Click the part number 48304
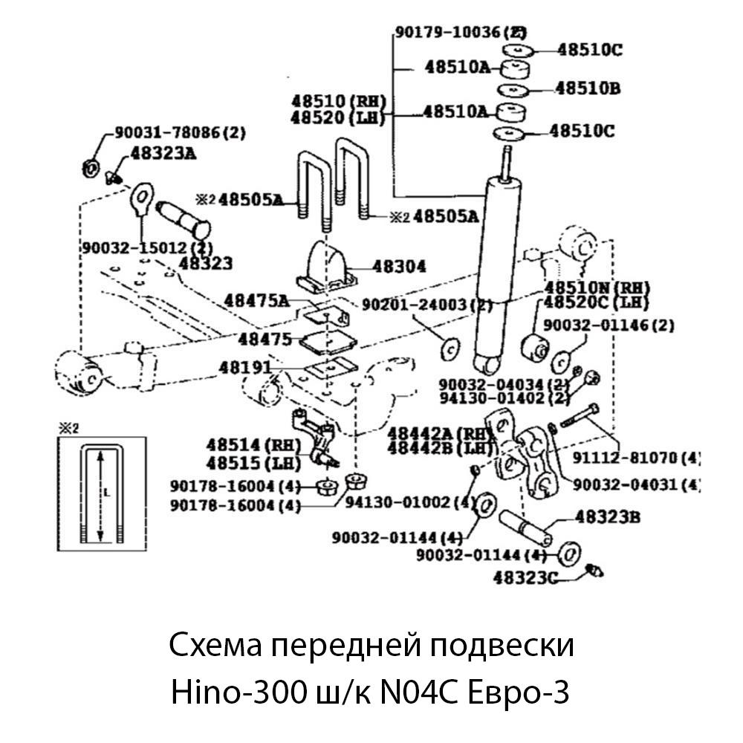point(400,266)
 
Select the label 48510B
point(588,88)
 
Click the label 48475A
point(256,300)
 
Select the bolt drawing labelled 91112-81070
point(579,416)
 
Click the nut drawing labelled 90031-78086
point(88,167)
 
